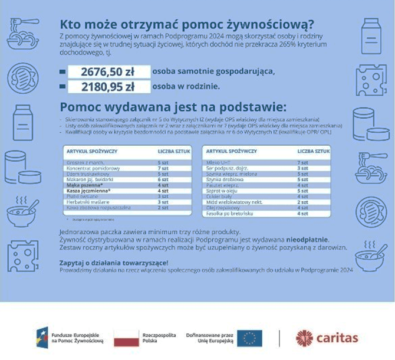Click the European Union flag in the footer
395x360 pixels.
(249, 338)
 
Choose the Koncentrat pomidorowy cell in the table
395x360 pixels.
(90, 168)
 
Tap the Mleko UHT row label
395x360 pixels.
(219, 162)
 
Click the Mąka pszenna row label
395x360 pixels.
(88, 185)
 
